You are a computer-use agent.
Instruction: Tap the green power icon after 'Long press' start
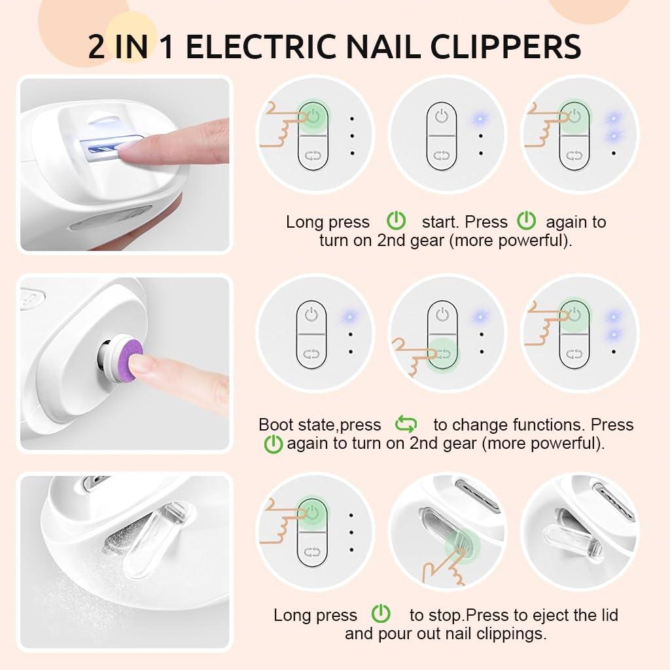(x=396, y=221)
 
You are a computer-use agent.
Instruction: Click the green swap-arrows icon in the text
(x=406, y=425)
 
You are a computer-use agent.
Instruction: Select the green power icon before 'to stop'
(x=381, y=615)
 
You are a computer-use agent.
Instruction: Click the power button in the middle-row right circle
(x=574, y=315)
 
